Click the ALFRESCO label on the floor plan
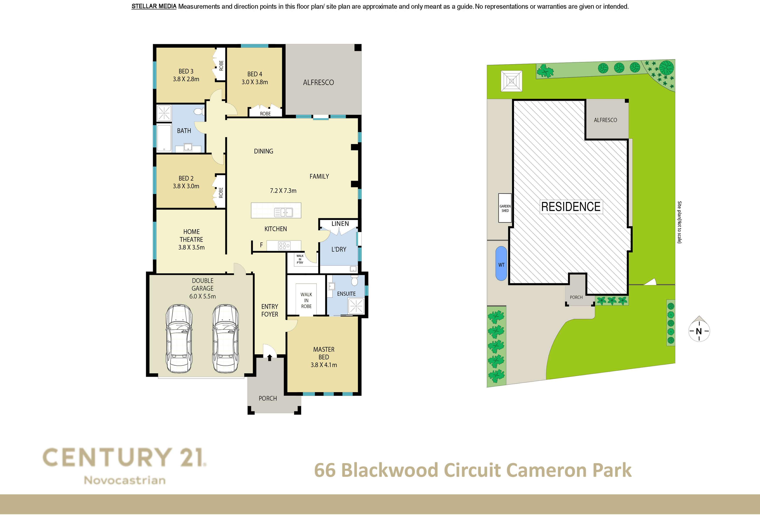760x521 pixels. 318,82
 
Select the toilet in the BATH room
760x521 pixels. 198,112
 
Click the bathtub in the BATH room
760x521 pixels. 164,138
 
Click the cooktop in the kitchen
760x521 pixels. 284,246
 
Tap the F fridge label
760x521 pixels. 261,245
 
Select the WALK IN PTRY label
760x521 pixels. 300,259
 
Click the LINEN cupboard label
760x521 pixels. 340,224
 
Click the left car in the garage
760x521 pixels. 179,339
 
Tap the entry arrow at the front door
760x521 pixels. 270,358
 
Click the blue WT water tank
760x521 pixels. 501,264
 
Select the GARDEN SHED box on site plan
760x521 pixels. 505,208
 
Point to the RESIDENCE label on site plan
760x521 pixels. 571,207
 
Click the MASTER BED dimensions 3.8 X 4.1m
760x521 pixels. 324,365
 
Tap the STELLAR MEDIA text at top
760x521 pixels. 154,7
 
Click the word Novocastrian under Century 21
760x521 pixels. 125,480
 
